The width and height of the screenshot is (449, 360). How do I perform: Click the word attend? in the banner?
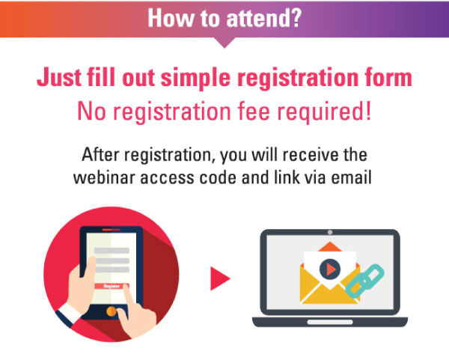point(263,18)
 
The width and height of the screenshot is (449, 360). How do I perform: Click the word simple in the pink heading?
point(195,78)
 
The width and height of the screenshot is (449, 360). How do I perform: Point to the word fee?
point(254,112)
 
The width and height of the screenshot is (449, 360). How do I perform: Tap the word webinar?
point(105,177)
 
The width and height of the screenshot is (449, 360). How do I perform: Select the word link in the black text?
point(287,177)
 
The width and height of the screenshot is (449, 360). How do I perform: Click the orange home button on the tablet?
point(111,311)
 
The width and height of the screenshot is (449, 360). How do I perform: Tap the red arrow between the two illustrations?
point(220,278)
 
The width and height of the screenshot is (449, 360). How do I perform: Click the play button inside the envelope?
point(330,269)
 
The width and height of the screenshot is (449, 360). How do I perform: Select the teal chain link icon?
point(365,281)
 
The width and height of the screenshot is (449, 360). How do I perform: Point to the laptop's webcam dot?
point(330,232)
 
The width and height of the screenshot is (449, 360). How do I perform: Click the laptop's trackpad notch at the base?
point(330,322)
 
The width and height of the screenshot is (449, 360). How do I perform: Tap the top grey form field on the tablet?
point(112,251)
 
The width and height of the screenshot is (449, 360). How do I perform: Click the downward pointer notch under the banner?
point(224,43)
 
